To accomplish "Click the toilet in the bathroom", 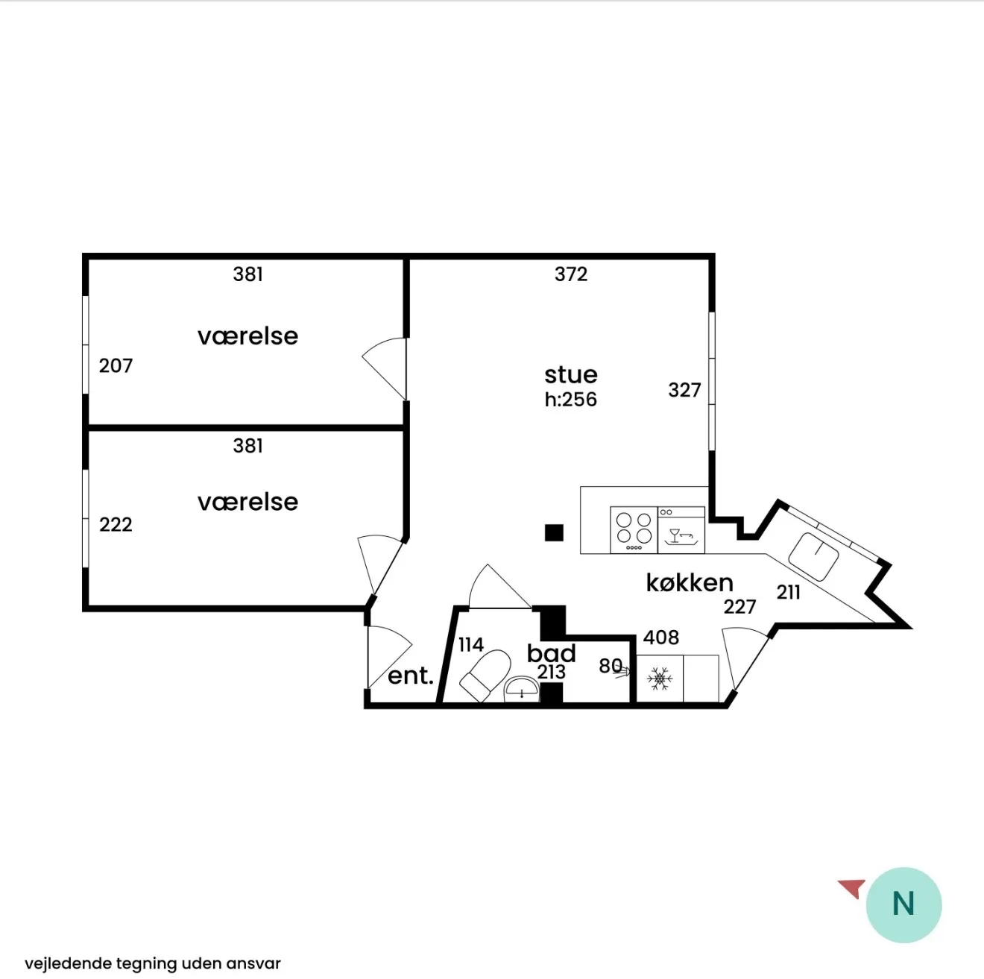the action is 485,676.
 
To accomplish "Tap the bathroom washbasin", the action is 521,689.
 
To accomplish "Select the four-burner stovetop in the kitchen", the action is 634,530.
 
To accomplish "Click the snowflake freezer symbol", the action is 660,679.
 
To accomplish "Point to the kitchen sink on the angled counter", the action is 813,557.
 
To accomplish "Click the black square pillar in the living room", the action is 554,532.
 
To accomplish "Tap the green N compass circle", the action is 903,904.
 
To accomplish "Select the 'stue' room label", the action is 571,375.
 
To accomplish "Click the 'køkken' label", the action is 690,582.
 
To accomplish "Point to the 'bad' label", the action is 552,653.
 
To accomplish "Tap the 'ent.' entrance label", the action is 411,676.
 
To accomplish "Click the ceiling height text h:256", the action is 571,400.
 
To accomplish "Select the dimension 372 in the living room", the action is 571,274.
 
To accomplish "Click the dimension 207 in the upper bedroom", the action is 116,366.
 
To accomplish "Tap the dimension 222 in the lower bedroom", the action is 116,525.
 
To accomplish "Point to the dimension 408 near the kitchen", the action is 661,638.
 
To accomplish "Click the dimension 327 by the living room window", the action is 685,391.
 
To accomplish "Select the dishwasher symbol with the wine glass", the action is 681,530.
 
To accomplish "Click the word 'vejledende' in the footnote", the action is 69,963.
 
